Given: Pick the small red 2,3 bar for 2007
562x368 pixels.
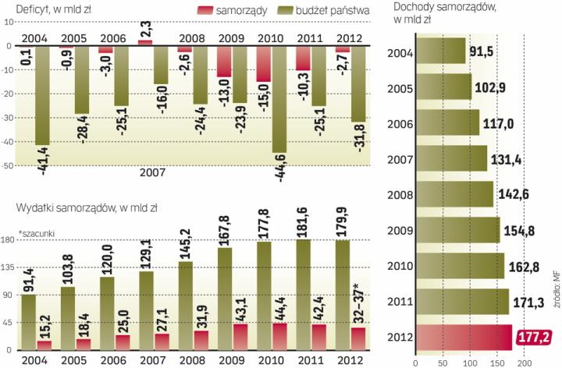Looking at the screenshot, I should (145, 42).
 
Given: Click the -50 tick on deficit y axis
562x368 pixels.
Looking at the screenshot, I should (9, 166).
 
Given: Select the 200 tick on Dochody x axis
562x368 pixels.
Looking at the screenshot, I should (525, 361).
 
